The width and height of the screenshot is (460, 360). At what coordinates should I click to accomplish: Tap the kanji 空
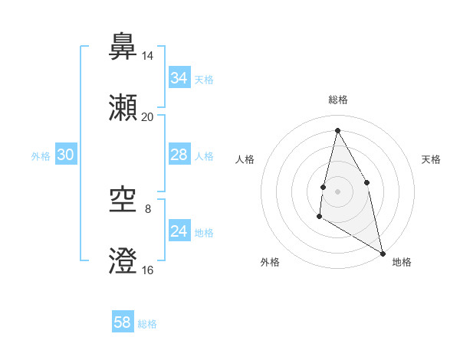tap(123, 200)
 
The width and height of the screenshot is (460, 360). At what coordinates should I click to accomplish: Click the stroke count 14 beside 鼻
tap(148, 56)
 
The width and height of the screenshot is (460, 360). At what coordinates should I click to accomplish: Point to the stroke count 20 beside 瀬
tap(148, 117)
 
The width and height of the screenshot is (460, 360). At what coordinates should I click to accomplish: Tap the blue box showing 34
tap(179, 78)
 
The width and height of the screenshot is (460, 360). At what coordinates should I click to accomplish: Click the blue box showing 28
tap(179, 155)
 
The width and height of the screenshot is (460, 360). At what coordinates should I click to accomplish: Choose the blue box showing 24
tap(179, 232)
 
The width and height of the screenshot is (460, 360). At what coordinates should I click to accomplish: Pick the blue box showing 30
tap(66, 155)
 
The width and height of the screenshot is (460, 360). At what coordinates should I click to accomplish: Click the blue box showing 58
tap(123, 322)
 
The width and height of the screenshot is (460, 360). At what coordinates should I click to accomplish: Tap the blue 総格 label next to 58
tap(147, 324)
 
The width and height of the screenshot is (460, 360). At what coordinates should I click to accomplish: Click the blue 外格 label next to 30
tap(41, 156)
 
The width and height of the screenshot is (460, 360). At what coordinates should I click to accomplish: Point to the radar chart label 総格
tap(337, 100)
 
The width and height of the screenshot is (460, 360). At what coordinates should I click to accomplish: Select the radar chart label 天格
tap(432, 159)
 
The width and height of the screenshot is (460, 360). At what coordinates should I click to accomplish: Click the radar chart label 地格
tap(402, 262)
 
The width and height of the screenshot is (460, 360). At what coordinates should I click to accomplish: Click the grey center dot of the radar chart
tap(337, 191)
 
